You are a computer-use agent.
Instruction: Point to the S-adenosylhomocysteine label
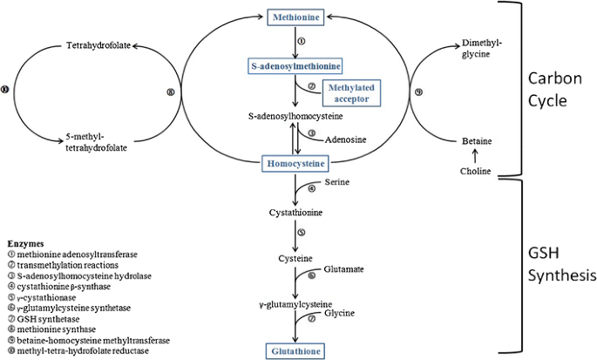[x=295, y=116]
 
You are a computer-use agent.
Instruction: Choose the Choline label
[x=474, y=172]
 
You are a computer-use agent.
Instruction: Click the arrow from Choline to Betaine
[x=474, y=156]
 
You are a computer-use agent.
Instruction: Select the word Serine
[x=337, y=182]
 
